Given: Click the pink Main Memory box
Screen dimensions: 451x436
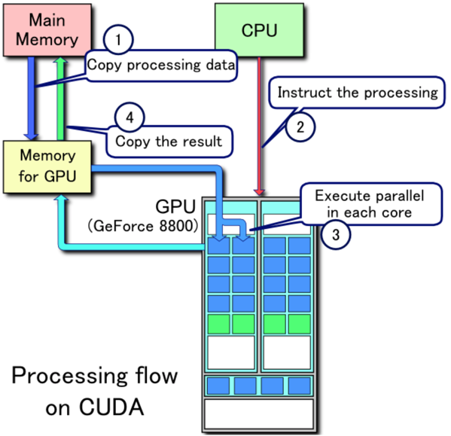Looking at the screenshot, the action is [47, 30].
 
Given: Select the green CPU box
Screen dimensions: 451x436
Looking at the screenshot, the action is [259, 30].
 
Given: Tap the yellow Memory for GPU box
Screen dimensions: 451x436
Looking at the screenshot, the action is [47, 167].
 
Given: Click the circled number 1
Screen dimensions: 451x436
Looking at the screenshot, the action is [118, 39].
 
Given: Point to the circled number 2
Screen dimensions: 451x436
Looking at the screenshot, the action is [300, 127].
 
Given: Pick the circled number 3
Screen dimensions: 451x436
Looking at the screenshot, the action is [336, 234].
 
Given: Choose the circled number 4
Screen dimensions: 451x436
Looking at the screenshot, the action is [130, 117].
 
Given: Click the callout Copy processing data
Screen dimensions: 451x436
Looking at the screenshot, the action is [161, 66].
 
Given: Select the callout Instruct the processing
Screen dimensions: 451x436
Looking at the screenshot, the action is [357, 93].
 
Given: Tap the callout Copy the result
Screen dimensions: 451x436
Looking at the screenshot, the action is [169, 142].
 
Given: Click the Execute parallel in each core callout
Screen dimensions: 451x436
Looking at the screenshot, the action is [371, 204].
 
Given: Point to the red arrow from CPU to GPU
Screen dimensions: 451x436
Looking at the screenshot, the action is [259, 126].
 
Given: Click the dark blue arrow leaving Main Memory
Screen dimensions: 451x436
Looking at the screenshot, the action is [31, 99].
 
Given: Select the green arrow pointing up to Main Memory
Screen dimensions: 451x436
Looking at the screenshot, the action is [60, 99].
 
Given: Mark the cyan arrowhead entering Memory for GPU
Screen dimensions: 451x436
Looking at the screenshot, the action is [61, 198].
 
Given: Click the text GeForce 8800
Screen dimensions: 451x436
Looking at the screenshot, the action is [143, 227].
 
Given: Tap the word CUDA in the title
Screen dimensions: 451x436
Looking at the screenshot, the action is [111, 407].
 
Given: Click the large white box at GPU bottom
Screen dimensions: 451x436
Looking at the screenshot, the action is [259, 413].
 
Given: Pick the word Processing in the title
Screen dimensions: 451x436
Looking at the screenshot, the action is [69, 377].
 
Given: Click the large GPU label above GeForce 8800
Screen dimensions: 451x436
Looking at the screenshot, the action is [175, 206].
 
